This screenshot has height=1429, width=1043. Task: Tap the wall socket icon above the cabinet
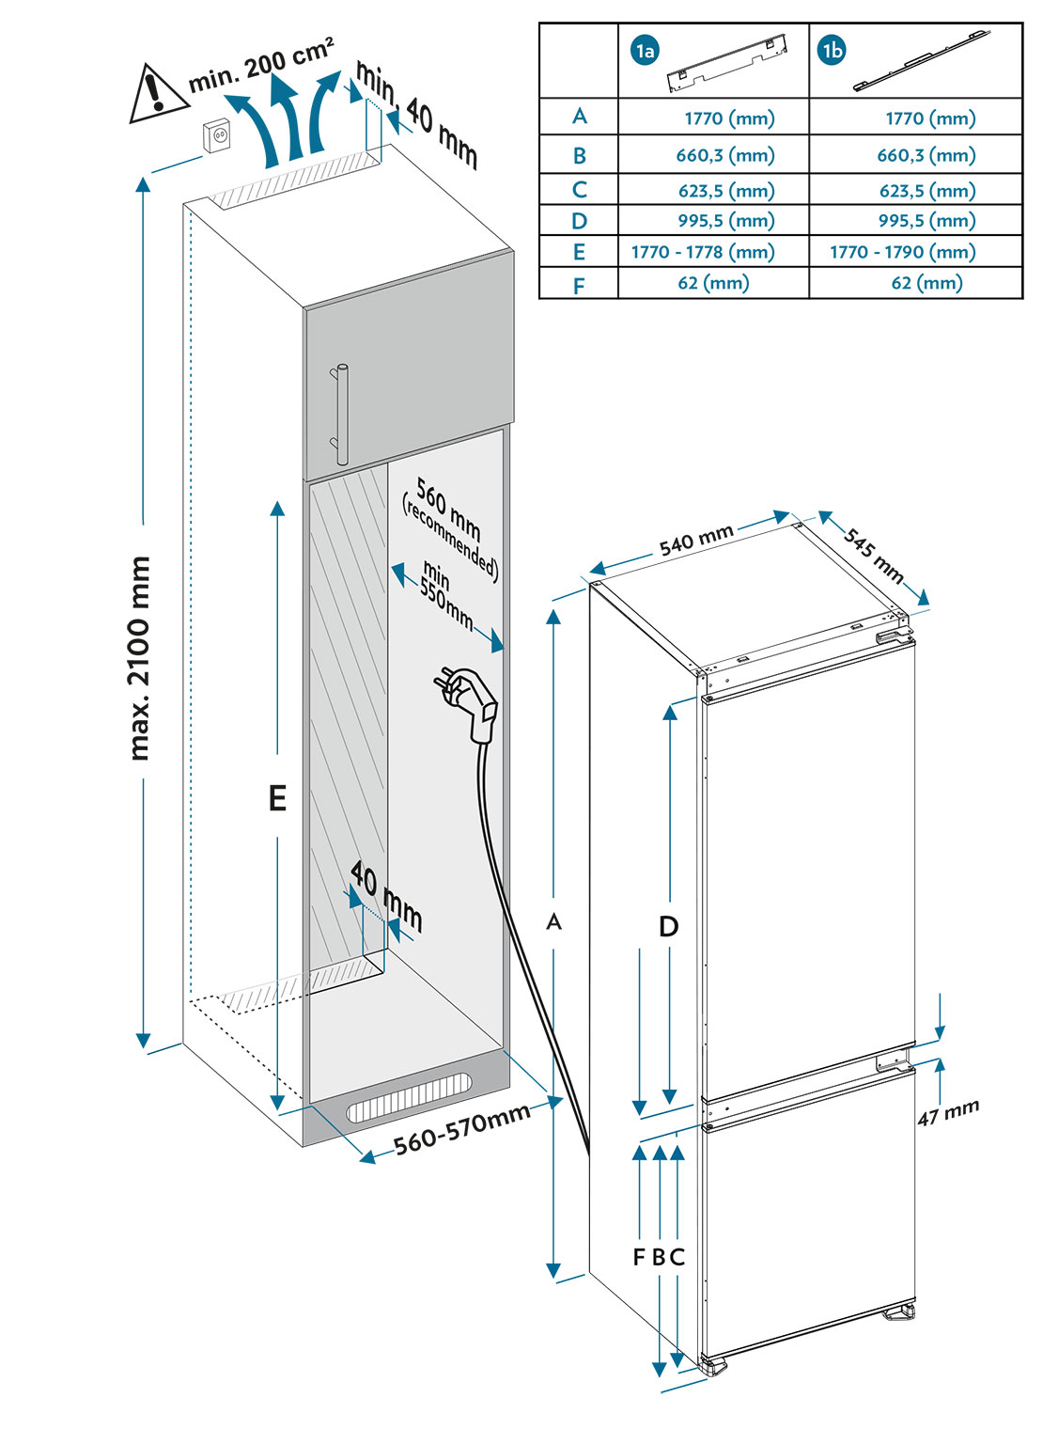(219, 136)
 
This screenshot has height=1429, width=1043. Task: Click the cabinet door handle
(338, 413)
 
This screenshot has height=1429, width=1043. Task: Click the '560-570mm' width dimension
(461, 1128)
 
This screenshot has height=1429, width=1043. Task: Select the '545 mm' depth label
(874, 556)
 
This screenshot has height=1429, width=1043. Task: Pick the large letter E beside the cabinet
(277, 798)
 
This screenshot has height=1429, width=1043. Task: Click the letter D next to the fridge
(668, 927)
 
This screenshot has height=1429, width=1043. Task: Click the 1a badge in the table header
(645, 51)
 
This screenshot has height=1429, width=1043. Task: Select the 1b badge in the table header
(832, 51)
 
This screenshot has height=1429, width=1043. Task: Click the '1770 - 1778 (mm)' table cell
(703, 252)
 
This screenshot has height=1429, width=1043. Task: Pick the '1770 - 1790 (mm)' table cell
(902, 252)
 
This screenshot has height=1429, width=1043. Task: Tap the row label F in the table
(579, 284)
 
